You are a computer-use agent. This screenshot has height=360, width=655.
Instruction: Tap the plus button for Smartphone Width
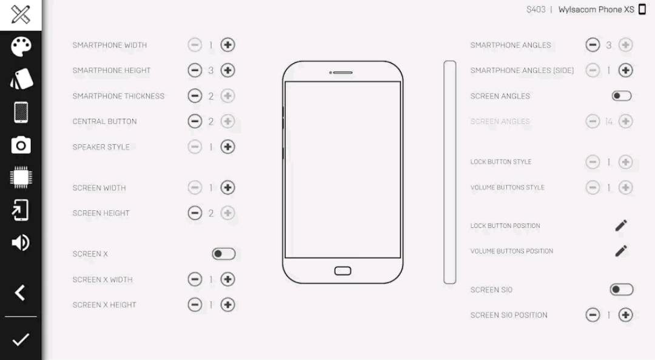227,45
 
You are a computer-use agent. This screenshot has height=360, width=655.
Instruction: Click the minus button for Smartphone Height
195,70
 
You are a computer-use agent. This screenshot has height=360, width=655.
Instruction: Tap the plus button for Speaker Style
227,147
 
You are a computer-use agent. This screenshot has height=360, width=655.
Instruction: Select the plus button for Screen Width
227,187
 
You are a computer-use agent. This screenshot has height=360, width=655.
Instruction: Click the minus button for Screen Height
195,213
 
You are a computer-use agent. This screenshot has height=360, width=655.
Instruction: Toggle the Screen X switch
223,254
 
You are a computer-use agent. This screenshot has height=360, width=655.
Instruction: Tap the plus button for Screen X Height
227,305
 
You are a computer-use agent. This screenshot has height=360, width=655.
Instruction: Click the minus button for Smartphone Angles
593,45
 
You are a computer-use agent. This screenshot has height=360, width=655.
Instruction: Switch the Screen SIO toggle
622,290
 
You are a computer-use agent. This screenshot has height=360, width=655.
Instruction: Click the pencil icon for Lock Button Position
621,225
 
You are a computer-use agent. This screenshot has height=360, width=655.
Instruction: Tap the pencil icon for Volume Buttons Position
621,251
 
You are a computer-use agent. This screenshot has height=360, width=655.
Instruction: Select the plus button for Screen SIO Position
625,315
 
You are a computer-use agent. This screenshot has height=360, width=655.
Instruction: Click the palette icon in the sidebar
21,46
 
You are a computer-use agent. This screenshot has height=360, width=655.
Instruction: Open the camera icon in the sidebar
21,145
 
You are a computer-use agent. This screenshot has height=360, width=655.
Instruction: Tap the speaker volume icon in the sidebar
21,242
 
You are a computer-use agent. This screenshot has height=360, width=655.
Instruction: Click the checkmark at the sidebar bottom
21,339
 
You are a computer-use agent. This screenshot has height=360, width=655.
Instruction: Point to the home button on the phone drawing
343,271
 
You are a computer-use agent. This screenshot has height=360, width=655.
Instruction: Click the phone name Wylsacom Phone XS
596,10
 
